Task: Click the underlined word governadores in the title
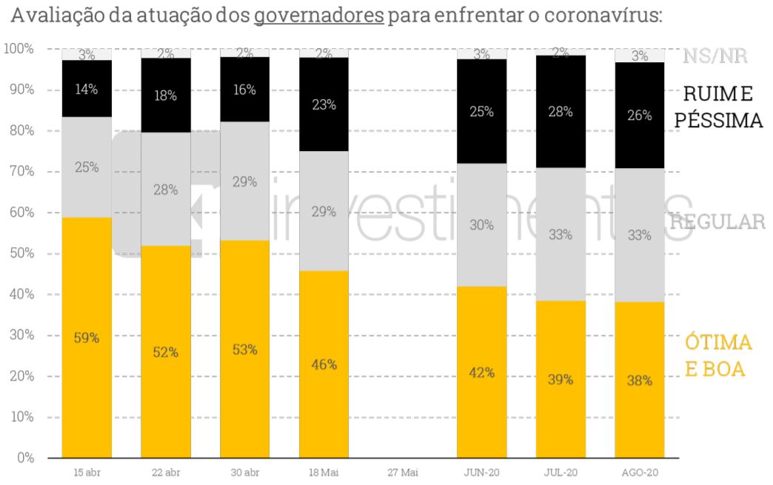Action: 318,16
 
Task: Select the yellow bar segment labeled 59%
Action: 87,337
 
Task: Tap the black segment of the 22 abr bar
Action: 166,95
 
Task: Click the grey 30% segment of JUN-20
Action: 481,224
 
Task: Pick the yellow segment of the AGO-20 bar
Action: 639,380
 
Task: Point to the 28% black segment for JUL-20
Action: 560,111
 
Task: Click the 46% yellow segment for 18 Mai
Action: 324,364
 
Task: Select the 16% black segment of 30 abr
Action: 244,90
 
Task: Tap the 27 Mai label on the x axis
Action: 403,472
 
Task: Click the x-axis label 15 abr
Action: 87,472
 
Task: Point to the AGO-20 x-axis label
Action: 639,472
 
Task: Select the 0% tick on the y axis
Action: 25,458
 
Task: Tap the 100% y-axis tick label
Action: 18,49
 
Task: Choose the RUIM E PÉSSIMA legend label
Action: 722,107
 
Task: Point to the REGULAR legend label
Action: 717,221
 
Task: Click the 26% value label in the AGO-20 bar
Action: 639,116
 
